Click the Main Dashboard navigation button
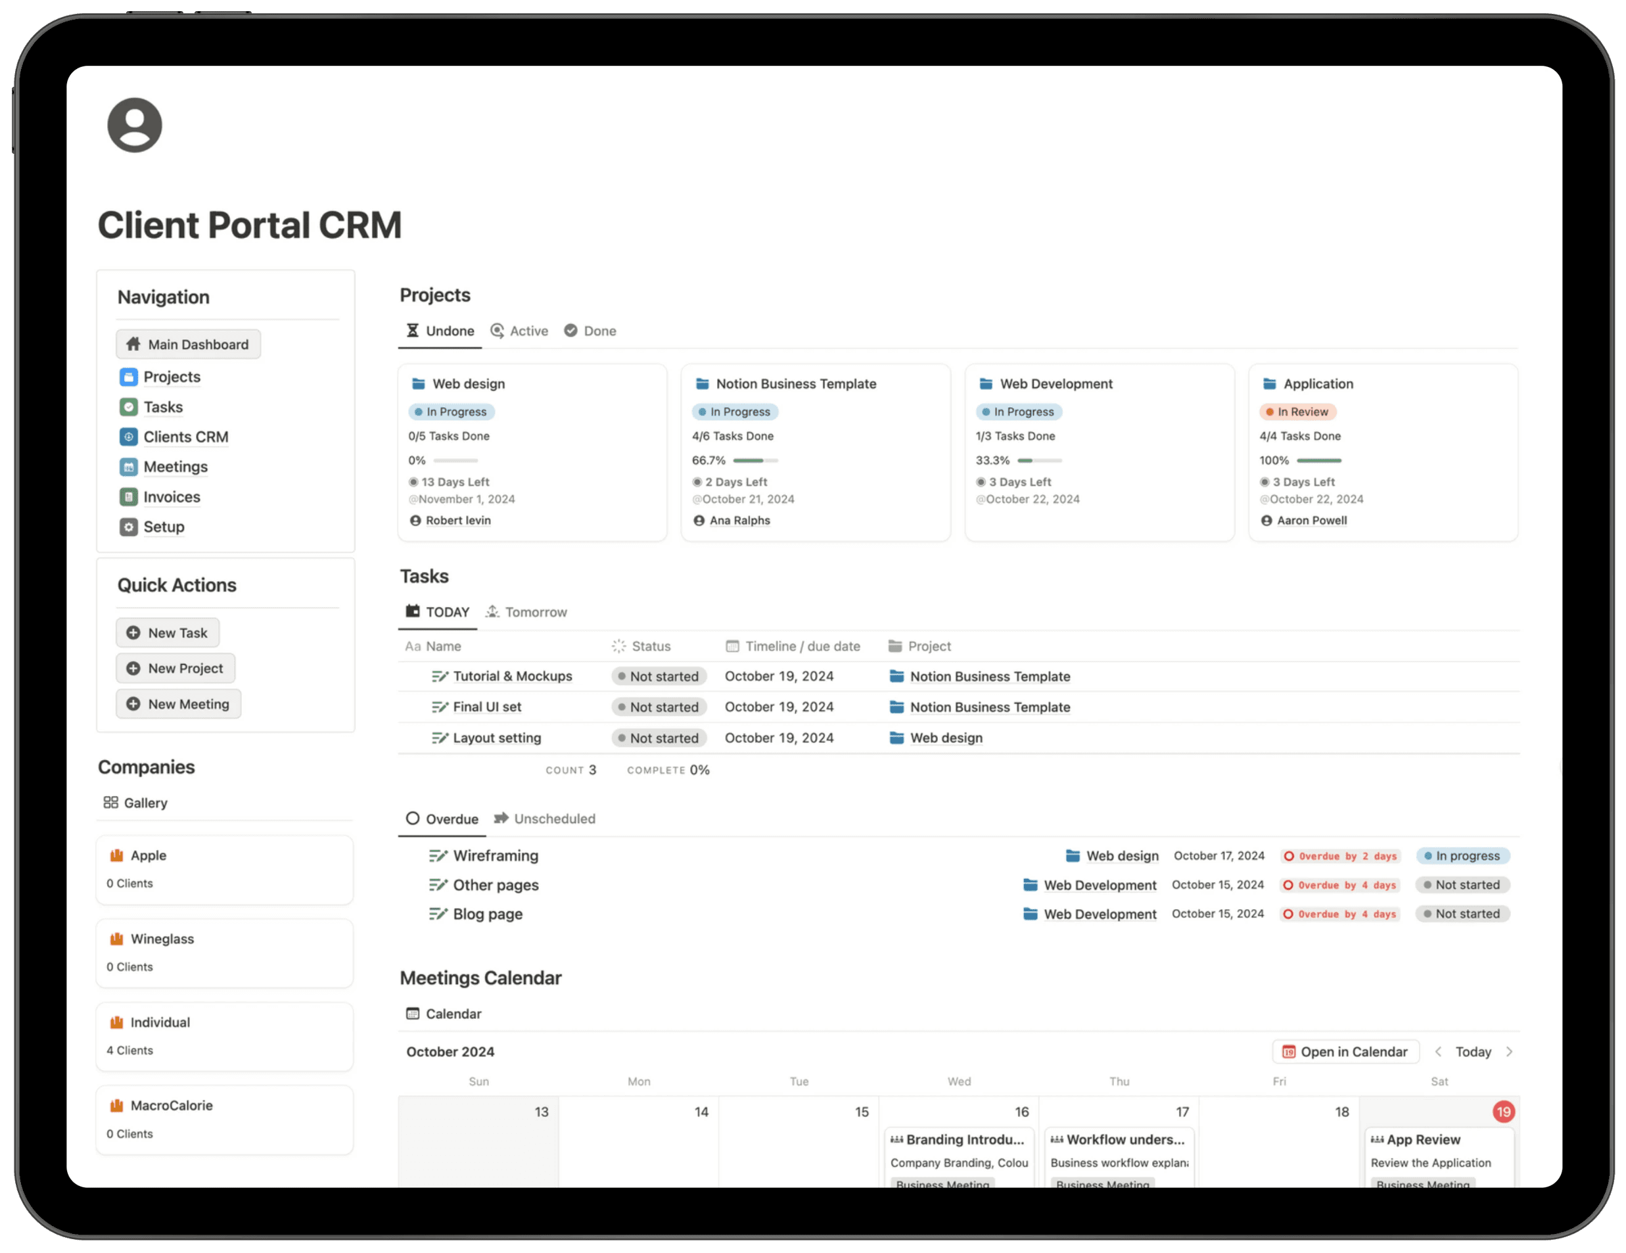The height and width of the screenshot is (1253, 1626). [189, 344]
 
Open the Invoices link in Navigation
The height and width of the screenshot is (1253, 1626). [172, 496]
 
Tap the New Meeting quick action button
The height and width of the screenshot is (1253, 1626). [179, 703]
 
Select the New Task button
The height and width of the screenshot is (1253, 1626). [168, 632]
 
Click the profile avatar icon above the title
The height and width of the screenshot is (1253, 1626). [135, 125]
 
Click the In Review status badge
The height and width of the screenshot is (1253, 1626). [1297, 412]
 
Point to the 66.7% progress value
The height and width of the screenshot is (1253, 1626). [708, 460]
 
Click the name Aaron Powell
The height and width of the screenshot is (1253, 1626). [1311, 521]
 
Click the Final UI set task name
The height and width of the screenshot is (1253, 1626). [487, 707]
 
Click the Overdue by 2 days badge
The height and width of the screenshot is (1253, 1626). [1341, 856]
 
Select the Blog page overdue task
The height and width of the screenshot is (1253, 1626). [488, 914]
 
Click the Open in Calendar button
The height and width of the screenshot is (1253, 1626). [1345, 1051]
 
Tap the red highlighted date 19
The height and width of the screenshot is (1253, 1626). [1503, 1112]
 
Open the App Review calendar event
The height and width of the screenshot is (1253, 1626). [1423, 1139]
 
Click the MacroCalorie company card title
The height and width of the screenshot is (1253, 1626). [172, 1106]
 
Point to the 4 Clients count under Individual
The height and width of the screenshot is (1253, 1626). [129, 1050]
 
